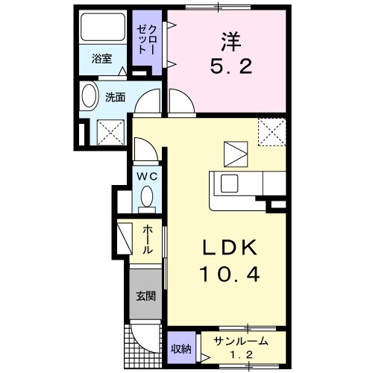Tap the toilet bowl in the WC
click(147, 198)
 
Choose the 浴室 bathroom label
click(101, 59)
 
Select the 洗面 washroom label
click(114, 97)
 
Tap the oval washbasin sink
click(89, 98)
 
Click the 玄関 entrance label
click(145, 295)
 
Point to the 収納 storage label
click(181, 348)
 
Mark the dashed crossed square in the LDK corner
click(271, 133)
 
